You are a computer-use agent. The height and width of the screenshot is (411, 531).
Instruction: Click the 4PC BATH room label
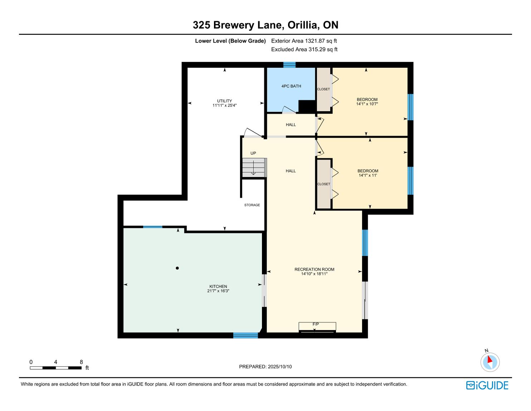[291, 86]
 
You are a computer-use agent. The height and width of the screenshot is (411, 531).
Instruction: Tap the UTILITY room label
[224, 101]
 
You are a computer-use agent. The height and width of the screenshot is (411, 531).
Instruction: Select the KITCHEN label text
[218, 286]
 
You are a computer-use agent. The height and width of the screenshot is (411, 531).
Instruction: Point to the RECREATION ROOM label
[314, 269]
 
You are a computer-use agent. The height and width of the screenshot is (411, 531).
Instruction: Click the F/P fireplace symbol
[317, 327]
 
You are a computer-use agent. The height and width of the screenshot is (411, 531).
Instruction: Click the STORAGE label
[252, 205]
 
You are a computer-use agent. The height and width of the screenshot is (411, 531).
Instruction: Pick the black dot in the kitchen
[177, 268]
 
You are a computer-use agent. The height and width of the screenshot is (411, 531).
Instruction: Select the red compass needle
[490, 359]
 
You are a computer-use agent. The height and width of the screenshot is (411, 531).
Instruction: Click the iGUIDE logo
[487, 385]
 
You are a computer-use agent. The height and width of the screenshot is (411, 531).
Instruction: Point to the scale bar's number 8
[81, 362]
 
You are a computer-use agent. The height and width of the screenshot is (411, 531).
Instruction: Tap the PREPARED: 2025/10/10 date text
[265, 367]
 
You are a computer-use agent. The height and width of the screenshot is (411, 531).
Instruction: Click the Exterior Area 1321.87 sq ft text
[304, 41]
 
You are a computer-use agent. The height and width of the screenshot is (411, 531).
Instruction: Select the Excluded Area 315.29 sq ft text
[304, 49]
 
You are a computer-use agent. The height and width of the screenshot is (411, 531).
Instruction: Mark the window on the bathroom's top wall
[289, 65]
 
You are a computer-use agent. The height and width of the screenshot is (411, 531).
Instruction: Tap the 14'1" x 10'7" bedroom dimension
[367, 104]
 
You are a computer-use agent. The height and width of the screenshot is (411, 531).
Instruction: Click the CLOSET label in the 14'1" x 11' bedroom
[323, 184]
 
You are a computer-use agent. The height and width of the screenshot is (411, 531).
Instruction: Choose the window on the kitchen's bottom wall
[245, 335]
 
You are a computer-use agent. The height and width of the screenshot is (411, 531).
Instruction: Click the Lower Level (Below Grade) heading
[230, 41]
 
